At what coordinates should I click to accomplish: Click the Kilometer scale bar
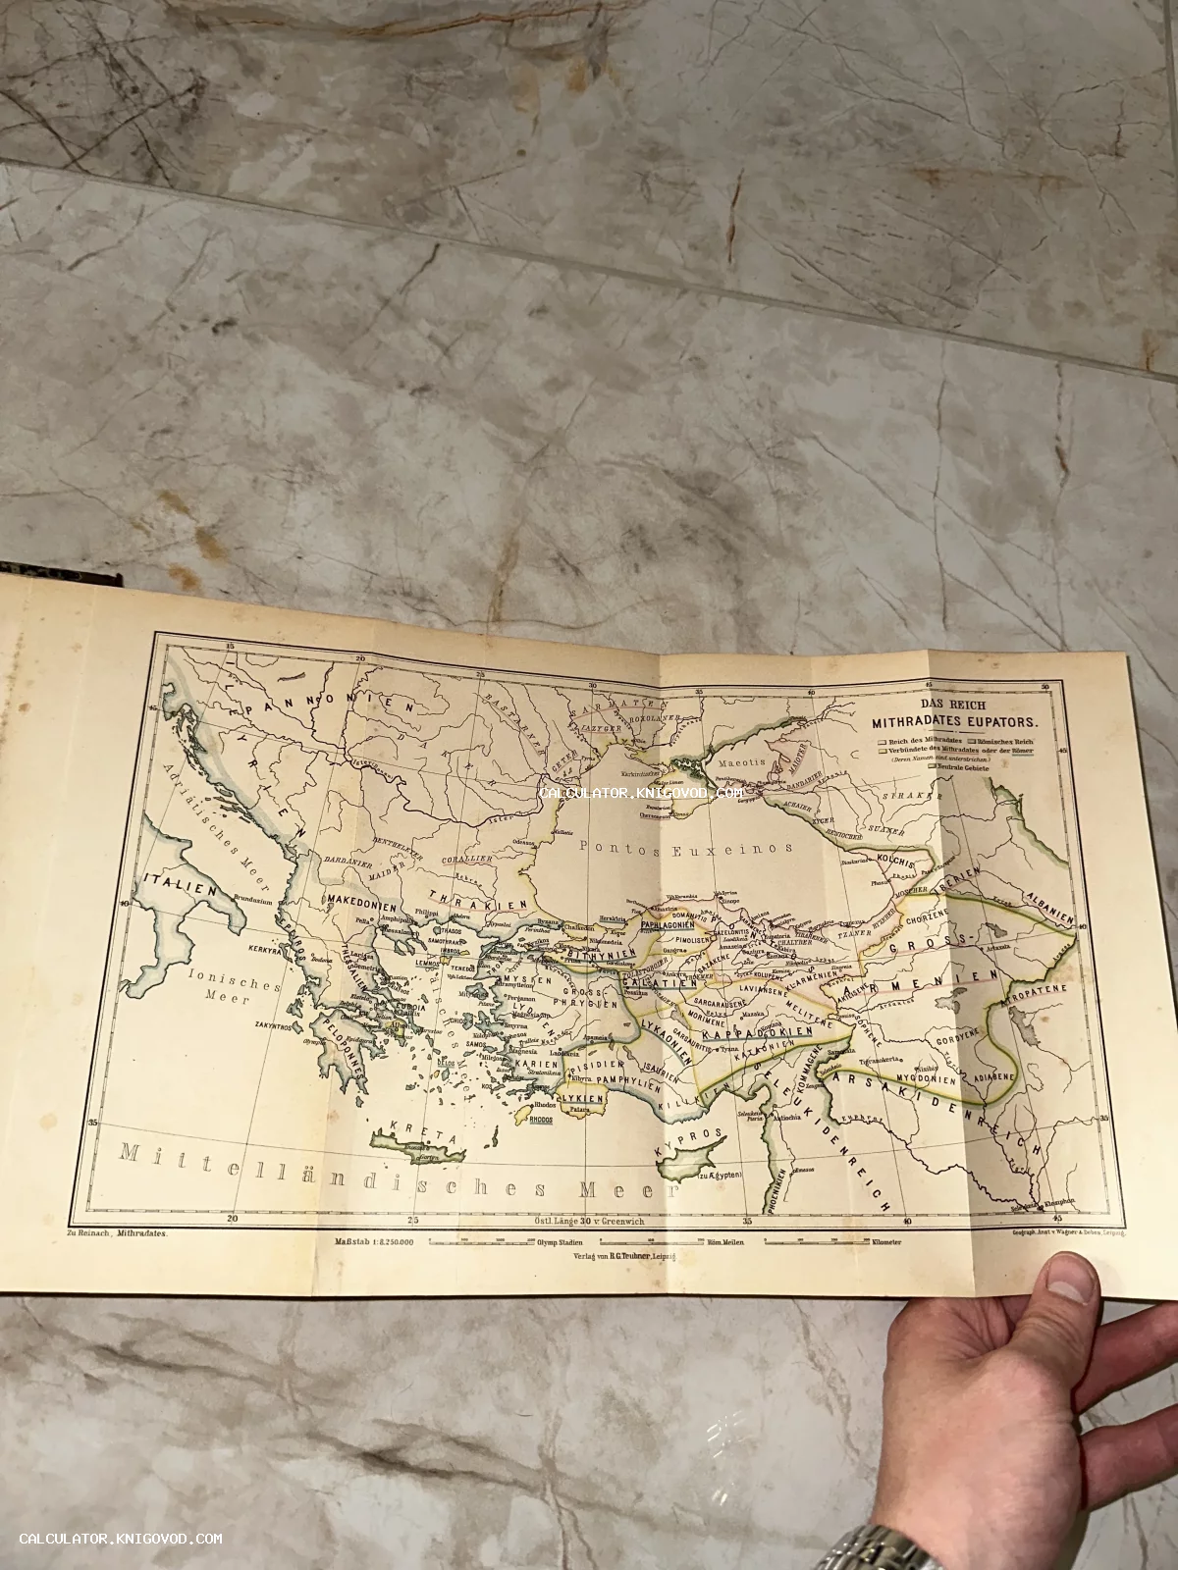tap(834, 1242)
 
